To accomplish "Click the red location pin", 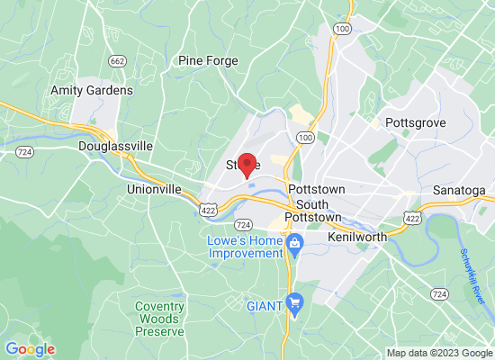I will tap(246, 165).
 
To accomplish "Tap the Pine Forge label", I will tap(208, 61).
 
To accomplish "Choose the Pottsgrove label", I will tap(416, 121).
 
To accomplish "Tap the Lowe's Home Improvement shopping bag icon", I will tap(293, 242).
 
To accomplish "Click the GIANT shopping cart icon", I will tap(293, 303).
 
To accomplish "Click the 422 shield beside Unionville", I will tap(207, 208).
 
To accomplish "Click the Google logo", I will tap(30, 349).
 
